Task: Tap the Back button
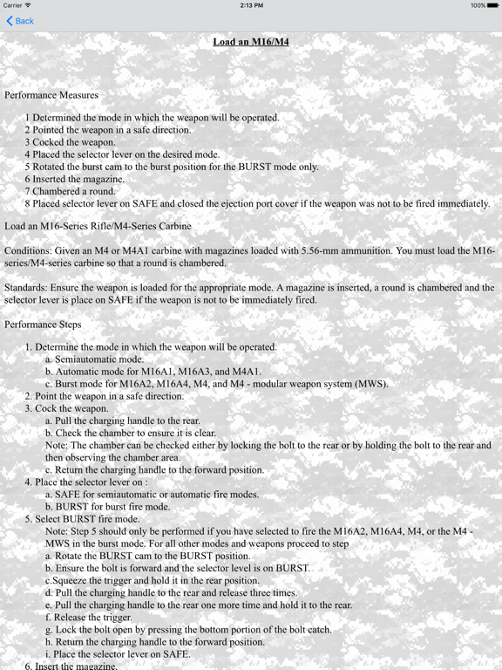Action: tap(20, 21)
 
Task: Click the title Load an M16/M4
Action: tap(251, 41)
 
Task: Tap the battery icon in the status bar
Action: tap(491, 5)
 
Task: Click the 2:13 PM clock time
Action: tap(251, 5)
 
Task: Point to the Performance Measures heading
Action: tap(51, 94)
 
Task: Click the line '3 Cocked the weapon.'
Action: tap(70, 142)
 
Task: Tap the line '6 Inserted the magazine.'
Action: tap(75, 179)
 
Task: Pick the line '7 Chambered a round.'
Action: tap(70, 191)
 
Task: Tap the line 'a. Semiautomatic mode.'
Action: tap(94, 359)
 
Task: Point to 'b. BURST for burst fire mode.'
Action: tap(107, 506)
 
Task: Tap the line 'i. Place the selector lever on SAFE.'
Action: tap(117, 653)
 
